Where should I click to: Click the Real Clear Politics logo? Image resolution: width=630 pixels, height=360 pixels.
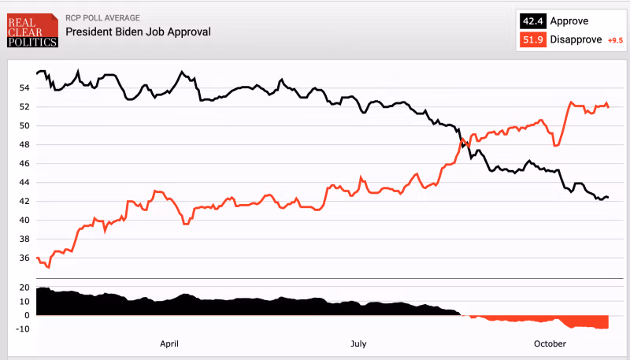click(31, 30)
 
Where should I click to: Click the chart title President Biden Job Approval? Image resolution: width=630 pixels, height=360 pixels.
click(138, 32)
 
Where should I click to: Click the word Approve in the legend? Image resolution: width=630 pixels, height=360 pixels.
click(569, 21)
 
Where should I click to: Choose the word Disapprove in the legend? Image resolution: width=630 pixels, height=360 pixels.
click(577, 39)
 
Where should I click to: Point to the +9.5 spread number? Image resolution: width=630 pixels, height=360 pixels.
click(615, 40)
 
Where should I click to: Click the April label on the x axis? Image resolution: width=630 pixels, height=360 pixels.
click(169, 343)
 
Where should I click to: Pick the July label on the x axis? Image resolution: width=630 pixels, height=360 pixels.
click(358, 343)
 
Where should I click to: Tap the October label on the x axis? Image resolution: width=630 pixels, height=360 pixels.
click(550, 343)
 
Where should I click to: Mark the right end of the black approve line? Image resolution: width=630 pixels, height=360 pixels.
click(608, 197)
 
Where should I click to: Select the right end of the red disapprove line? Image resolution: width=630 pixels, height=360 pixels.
click(608, 107)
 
